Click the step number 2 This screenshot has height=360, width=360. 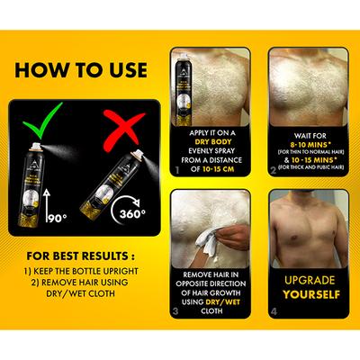(274, 168)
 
